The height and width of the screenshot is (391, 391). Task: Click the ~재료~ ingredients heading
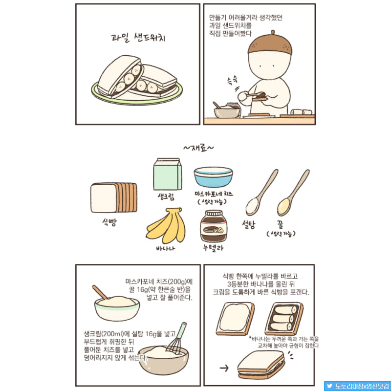(x=198, y=147)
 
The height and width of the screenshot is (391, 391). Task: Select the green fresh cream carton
(x=168, y=174)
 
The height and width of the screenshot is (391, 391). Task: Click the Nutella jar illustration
(x=213, y=227)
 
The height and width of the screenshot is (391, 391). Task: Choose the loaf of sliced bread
(x=114, y=198)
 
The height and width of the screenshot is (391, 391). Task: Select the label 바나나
(x=166, y=249)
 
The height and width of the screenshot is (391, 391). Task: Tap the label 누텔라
(x=213, y=248)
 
